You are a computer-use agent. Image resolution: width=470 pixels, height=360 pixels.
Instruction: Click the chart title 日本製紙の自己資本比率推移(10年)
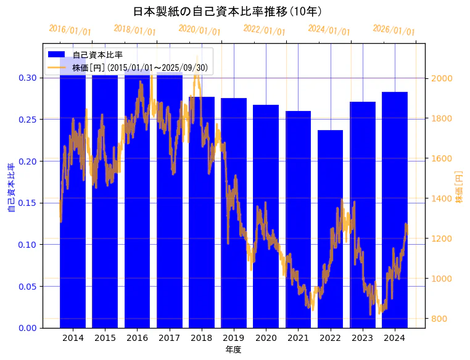pos(228,11)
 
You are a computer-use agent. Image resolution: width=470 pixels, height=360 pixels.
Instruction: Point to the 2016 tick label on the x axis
pos(137,338)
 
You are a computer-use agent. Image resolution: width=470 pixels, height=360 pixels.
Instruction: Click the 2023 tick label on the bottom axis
pos(362,338)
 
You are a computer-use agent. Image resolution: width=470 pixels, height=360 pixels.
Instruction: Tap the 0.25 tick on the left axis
pos(27,120)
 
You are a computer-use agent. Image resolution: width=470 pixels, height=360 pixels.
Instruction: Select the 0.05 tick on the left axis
pos(27,286)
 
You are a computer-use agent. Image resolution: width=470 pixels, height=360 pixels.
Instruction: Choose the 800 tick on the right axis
pos(439,319)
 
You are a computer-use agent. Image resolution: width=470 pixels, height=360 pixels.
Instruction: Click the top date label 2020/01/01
pos(199,30)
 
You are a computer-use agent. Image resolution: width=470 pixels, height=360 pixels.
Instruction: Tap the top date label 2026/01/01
pos(394,30)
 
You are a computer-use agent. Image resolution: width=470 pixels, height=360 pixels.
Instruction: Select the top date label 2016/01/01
pos(70,30)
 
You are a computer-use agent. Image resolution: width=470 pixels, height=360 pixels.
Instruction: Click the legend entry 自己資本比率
pos(97,55)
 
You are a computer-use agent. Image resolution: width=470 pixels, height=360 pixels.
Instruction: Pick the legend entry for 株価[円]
pos(142,67)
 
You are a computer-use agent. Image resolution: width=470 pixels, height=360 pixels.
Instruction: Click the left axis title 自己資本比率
pos(11,187)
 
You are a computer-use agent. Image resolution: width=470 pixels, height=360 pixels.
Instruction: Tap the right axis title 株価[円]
pos(459,187)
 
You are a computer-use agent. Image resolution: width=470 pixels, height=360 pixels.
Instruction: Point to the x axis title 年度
pos(233,350)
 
